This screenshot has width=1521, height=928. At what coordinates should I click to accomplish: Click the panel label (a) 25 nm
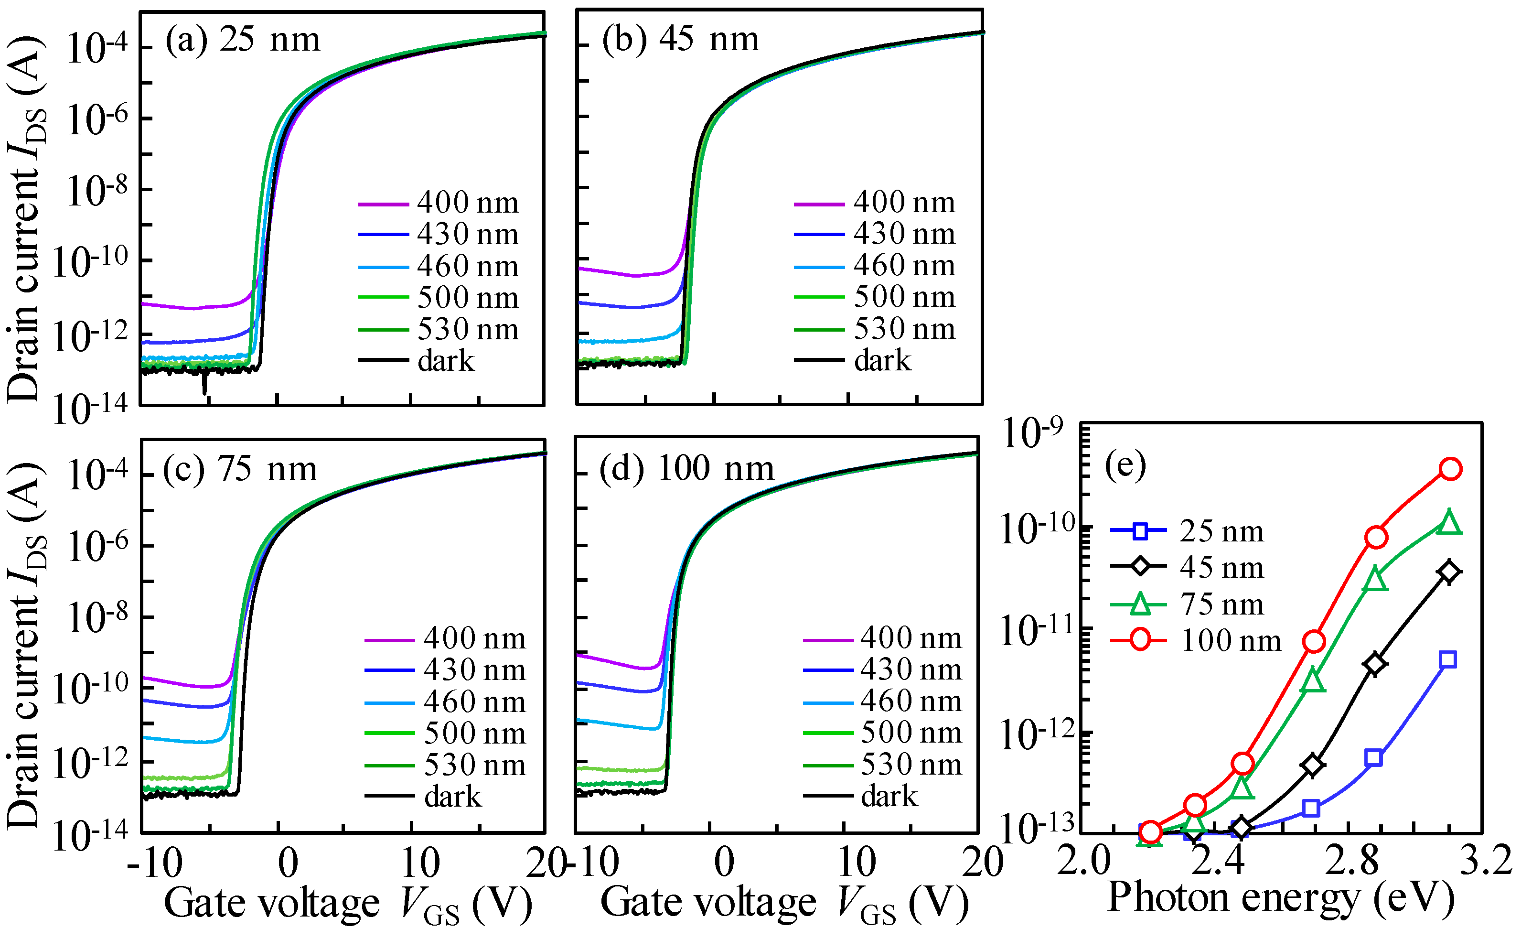(243, 40)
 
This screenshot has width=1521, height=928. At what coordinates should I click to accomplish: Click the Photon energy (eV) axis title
(1281, 896)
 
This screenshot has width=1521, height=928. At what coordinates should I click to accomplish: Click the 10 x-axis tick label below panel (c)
(420, 863)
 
